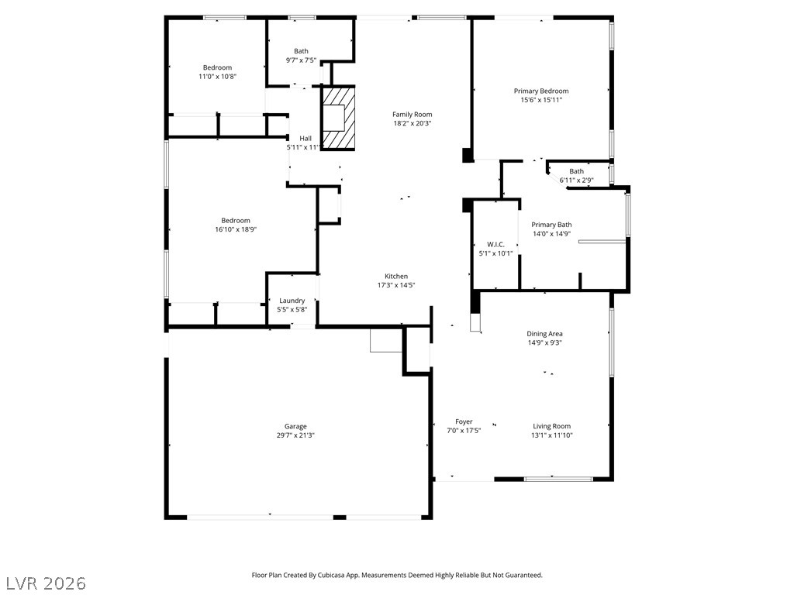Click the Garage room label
click(295, 427)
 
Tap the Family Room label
click(413, 115)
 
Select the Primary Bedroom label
click(541, 91)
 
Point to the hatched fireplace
click(338, 119)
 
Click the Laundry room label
click(292, 301)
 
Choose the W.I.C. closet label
click(495, 244)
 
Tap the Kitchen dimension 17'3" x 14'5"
click(396, 285)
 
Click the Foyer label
click(464, 421)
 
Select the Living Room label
click(551, 426)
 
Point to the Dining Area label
click(544, 334)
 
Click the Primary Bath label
click(551, 225)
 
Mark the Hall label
click(306, 138)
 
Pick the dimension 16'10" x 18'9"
click(236, 229)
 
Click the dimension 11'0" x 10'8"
click(218, 77)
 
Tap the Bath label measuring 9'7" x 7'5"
click(302, 51)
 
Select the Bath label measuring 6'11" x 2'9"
click(576, 171)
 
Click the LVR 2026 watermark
click(43, 583)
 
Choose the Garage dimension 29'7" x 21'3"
click(295, 435)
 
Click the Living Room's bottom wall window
click(558, 479)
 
